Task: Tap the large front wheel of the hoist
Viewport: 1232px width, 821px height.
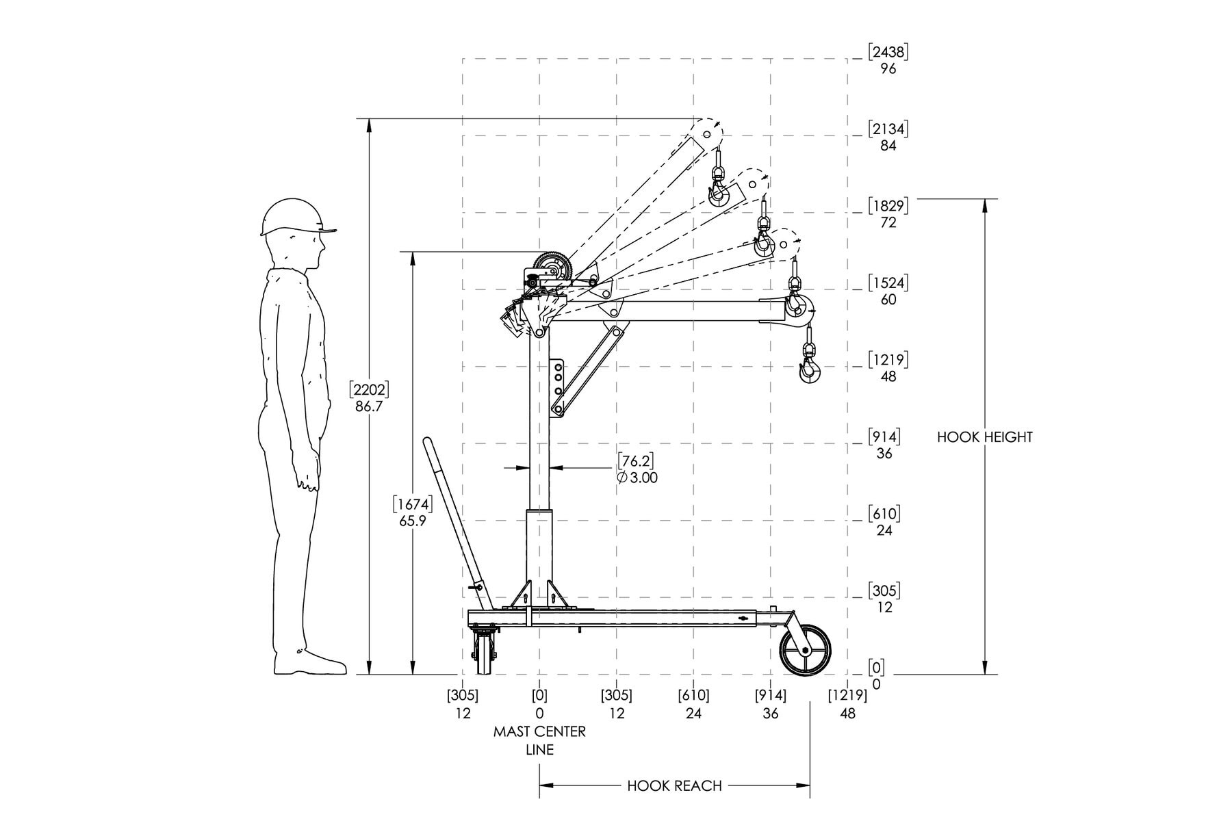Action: pyautogui.click(x=806, y=650)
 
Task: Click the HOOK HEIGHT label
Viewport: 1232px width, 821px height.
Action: pyautogui.click(x=984, y=437)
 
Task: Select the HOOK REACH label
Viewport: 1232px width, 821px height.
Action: pyautogui.click(x=674, y=785)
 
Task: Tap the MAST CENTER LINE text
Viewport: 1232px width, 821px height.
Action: pyautogui.click(x=539, y=740)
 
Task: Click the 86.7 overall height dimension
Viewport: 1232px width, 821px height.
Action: pyautogui.click(x=369, y=406)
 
